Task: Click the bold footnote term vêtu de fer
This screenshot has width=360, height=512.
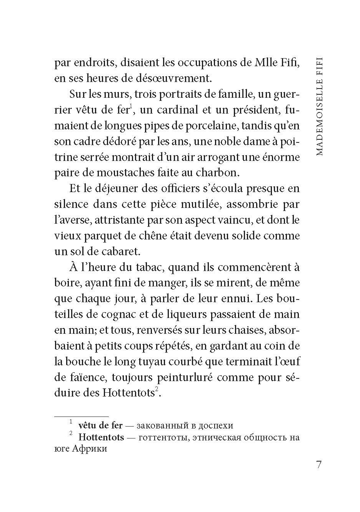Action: tap(100, 425)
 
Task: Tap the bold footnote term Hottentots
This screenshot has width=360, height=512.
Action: tap(101, 437)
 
